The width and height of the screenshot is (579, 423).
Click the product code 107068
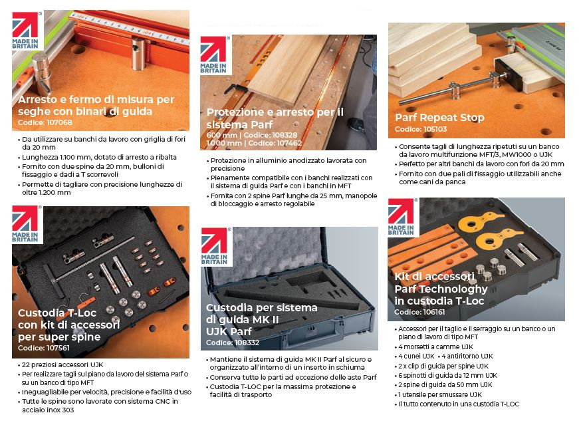coord(58,122)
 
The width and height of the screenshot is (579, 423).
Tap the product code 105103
coord(435,129)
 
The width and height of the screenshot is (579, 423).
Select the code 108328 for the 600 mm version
coord(285,135)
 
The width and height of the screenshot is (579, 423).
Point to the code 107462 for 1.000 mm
coord(289,143)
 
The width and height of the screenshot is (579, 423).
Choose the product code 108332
coord(247,343)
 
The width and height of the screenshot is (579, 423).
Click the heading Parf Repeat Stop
coord(440,118)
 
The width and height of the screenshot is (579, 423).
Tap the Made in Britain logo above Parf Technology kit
coord(402,217)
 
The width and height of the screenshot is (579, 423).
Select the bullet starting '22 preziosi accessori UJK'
coord(62,364)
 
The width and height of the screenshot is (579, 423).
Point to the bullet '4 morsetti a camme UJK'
coord(435,347)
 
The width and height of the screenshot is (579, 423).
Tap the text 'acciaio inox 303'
coord(48,410)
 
